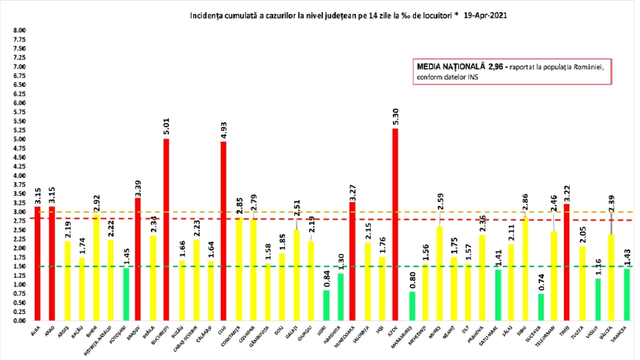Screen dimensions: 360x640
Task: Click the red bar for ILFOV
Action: (x=395, y=224)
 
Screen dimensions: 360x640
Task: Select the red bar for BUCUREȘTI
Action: (x=166, y=230)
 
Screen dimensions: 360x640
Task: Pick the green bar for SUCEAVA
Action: (x=541, y=307)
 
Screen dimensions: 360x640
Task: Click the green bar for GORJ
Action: (x=326, y=305)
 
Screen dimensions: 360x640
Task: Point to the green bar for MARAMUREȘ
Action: (x=412, y=306)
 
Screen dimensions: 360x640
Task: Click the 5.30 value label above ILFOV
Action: (x=396, y=117)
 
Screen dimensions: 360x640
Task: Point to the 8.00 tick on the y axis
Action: (x=19, y=30)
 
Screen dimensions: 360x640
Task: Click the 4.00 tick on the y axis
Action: (x=19, y=176)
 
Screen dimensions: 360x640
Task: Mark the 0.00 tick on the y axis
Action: (x=19, y=321)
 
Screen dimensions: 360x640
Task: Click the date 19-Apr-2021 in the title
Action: (x=485, y=16)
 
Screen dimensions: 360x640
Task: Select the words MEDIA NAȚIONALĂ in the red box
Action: (x=450, y=67)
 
